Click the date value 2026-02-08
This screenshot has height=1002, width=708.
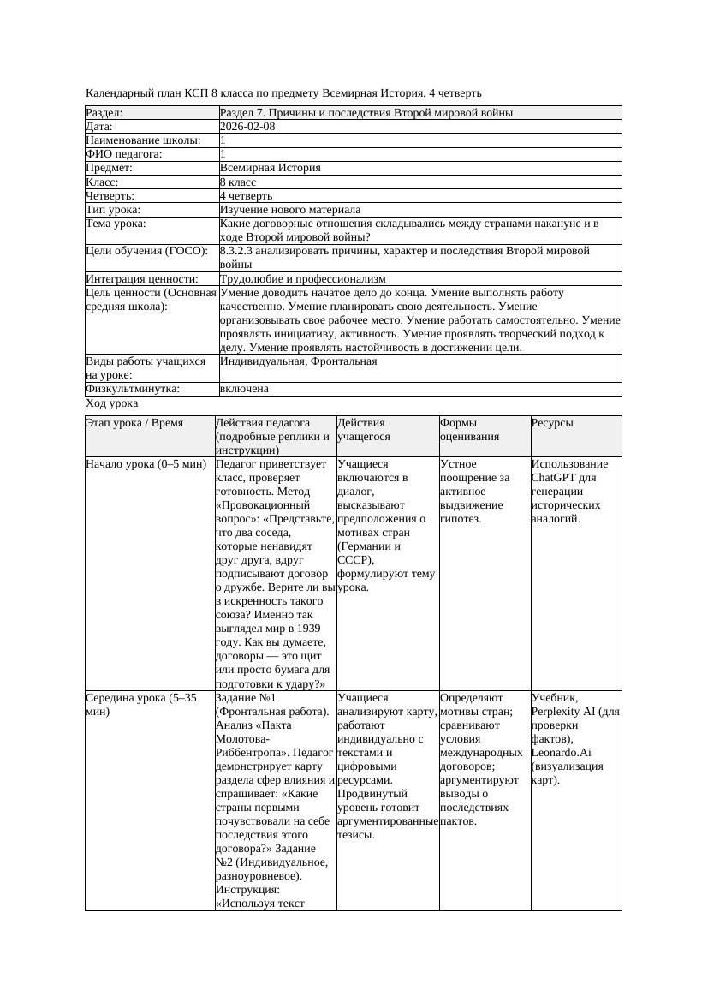(247, 127)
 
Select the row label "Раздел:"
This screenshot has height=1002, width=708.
(104, 113)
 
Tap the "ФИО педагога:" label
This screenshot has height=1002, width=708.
(124, 154)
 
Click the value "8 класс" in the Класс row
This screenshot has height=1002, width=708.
(238, 182)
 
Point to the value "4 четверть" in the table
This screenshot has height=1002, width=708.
(245, 196)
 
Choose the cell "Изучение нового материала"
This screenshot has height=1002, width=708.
(290, 210)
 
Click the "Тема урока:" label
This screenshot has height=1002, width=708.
(116, 224)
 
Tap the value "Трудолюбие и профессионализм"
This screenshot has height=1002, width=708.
(302, 279)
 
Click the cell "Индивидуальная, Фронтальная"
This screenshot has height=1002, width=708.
(298, 361)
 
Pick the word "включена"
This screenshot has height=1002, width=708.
(244, 389)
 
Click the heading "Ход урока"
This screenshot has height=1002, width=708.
(112, 403)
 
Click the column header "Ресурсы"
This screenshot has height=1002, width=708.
(552, 423)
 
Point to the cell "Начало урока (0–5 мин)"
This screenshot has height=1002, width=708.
(146, 464)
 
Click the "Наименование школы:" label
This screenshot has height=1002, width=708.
(143, 140)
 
